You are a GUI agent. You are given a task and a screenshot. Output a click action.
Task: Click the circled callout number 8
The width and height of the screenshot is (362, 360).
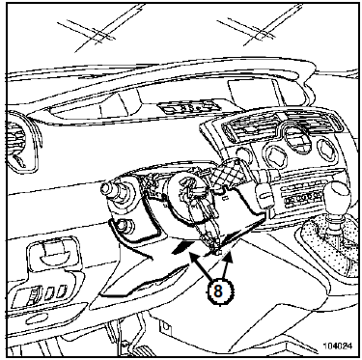[218, 291]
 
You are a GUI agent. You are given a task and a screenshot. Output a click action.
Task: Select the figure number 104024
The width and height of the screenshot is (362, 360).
[337, 346]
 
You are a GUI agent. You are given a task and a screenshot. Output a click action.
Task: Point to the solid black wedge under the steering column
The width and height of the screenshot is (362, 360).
[182, 247]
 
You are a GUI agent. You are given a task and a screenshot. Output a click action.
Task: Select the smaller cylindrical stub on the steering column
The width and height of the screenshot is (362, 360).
[123, 226]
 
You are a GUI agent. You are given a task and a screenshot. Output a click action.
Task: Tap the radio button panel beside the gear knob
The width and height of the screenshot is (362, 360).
[302, 196]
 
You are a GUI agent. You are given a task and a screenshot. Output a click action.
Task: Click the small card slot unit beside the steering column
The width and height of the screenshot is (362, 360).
[265, 195]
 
